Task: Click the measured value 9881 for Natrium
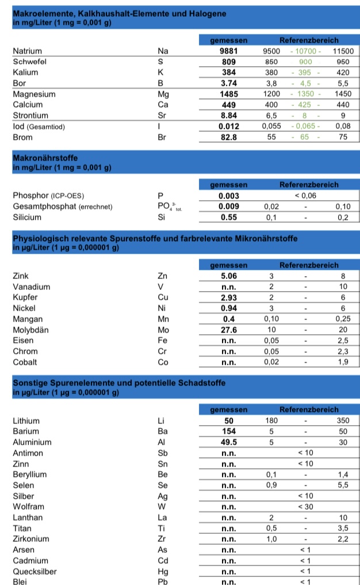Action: tap(228, 51)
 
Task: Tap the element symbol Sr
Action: tap(162, 116)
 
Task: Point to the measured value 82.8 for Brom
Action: tap(228, 137)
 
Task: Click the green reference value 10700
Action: tap(305, 51)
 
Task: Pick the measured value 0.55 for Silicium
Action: tap(228, 217)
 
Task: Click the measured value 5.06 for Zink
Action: tap(228, 276)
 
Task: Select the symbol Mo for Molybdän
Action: tap(163, 330)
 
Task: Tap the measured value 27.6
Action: tap(228, 330)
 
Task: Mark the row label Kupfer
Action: tap(25, 297)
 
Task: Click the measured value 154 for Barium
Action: tap(228, 431)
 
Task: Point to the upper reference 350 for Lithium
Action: tap(343, 420)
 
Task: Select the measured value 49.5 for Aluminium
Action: tap(228, 442)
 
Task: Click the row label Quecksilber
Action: tap(35, 571)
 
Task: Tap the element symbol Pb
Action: tap(162, 582)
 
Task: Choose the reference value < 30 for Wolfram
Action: tap(305, 507)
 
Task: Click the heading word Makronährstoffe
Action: tap(45, 157)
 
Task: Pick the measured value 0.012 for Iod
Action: tap(228, 126)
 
